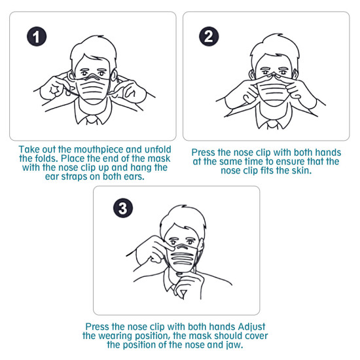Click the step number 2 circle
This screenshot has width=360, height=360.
click(209, 36)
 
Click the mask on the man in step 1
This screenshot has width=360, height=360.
click(93, 89)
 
